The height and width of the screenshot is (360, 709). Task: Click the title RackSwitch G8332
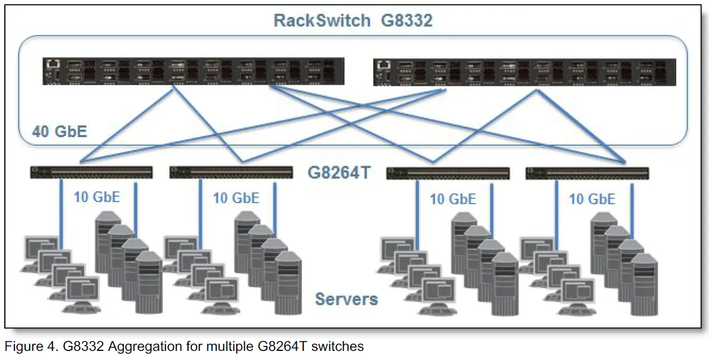point(353,21)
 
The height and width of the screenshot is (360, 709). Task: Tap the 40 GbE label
point(59,131)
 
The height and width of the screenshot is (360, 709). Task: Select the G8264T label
point(338,173)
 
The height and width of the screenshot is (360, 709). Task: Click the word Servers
point(346,298)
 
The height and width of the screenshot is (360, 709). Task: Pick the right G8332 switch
point(523,72)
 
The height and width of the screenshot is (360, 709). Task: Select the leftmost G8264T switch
point(91,172)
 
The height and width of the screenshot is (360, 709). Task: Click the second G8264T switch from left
point(231,172)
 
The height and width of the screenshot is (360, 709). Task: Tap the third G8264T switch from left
point(448,173)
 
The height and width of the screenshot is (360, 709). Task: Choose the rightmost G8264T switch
point(587,173)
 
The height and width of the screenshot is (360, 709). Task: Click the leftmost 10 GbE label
point(97,197)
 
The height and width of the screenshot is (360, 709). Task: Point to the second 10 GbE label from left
point(236,198)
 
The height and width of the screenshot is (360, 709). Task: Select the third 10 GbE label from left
point(453,199)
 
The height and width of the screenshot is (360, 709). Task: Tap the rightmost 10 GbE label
point(592,199)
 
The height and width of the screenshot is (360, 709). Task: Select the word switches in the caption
point(336,347)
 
